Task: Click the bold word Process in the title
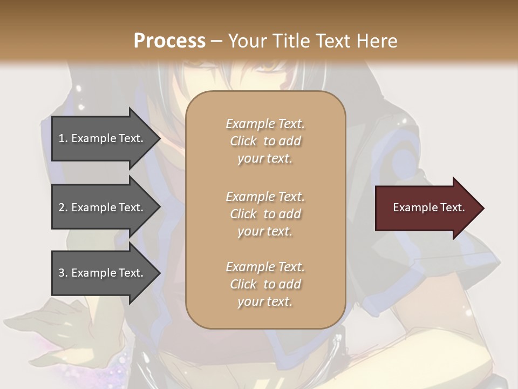coord(169,41)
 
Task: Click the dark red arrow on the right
coord(426,208)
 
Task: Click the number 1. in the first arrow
coord(63,138)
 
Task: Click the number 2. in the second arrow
coord(63,207)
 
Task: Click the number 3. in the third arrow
coord(63,273)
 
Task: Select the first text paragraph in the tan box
coord(265,141)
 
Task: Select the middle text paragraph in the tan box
coord(265,214)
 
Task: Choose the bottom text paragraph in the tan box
coord(265,284)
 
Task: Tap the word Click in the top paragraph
coord(243,142)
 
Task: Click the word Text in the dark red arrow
coord(452,207)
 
